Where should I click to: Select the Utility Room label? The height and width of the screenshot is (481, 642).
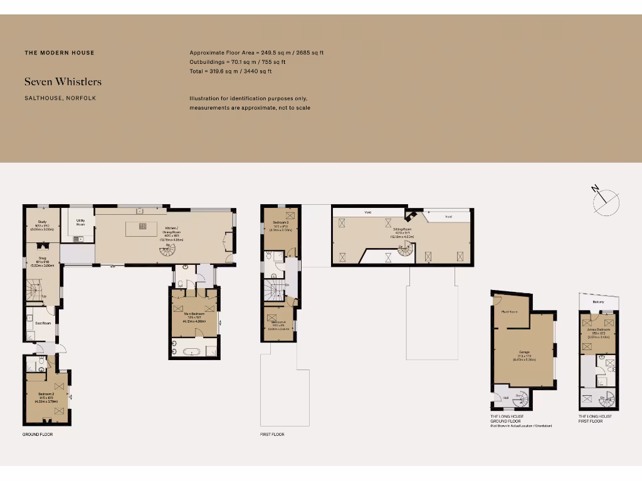click(81, 222)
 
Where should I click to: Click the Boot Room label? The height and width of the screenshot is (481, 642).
click(43, 323)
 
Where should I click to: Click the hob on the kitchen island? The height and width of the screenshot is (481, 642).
click(143, 227)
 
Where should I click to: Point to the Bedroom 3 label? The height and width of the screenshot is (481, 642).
click(277, 224)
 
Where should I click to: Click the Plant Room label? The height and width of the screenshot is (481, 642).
click(509, 311)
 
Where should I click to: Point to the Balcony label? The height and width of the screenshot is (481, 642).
click(598, 302)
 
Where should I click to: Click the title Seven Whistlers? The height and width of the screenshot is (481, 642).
click(63, 81)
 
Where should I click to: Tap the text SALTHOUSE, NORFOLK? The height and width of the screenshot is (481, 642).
click(60, 98)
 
